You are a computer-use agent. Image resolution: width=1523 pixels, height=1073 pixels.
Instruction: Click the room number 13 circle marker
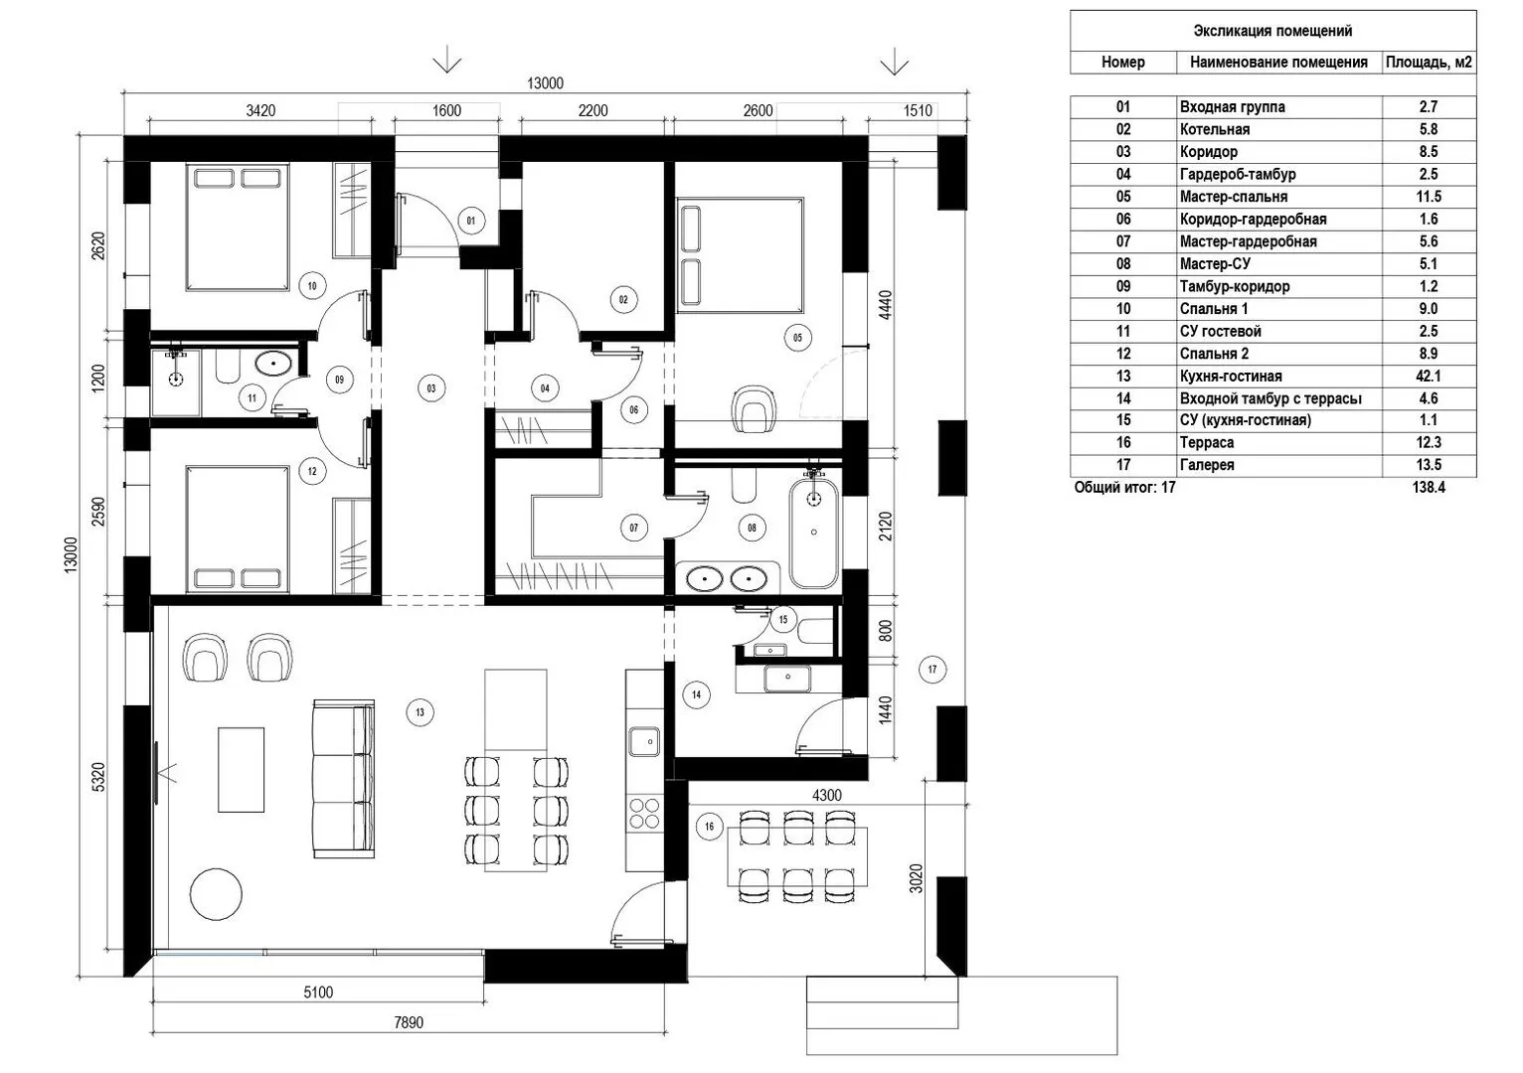point(420,712)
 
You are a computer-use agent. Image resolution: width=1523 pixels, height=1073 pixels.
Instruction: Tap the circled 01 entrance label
point(470,221)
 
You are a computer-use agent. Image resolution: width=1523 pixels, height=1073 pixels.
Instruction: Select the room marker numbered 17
point(932,670)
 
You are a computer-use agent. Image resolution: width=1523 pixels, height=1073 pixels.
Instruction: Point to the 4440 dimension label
point(885,306)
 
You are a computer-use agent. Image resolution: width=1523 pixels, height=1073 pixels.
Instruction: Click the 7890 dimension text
point(409,1022)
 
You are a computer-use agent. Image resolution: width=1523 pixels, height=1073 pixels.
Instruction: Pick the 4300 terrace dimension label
point(827,795)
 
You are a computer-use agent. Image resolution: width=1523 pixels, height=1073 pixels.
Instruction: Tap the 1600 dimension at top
point(446,110)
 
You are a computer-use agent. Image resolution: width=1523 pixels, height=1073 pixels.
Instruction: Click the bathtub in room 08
point(814,534)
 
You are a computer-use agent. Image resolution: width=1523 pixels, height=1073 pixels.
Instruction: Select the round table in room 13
point(216,894)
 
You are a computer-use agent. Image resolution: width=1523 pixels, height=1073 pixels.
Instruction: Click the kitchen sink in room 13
point(644,741)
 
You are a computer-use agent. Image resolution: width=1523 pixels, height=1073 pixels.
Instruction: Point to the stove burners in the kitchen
point(644,814)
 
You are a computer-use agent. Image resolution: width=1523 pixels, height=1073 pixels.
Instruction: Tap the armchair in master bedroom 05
point(754,409)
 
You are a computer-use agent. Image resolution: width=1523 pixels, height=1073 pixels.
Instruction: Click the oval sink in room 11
point(273,364)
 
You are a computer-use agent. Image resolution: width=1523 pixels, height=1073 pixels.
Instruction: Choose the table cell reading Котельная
point(1214,129)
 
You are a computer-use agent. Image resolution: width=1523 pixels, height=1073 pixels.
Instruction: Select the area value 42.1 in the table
point(1428,376)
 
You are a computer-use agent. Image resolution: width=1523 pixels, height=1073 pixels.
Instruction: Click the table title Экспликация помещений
point(1272,31)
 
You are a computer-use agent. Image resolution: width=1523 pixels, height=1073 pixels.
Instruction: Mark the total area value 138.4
point(1428,487)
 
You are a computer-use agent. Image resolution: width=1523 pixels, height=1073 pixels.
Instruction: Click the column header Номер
point(1122,62)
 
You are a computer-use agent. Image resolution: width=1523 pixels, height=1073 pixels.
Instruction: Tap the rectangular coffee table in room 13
point(241,770)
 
